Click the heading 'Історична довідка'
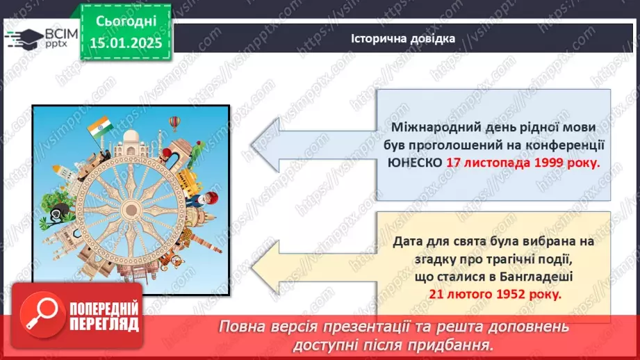[403, 38]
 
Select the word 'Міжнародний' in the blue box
[432, 126]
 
